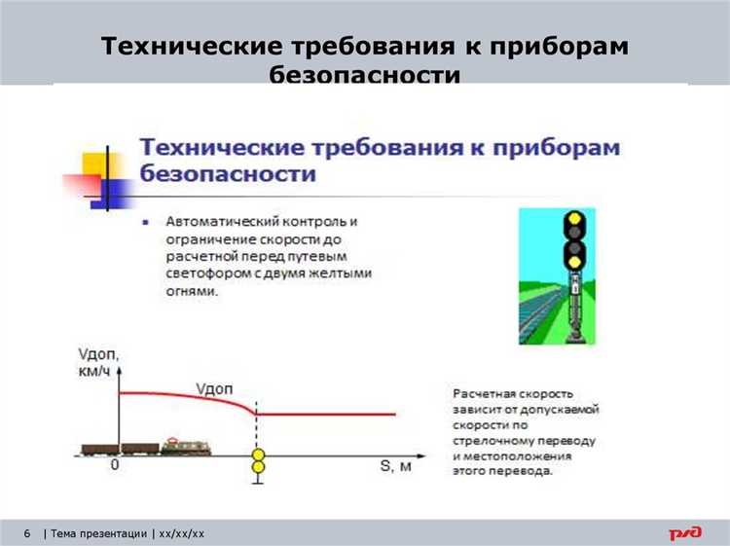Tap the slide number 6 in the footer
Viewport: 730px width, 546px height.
click(26, 533)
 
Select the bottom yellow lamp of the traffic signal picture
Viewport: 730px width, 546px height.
click(574, 260)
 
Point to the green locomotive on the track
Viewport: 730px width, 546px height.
click(186, 447)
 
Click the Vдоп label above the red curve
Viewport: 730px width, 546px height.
click(214, 388)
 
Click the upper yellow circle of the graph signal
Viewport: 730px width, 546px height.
click(258, 455)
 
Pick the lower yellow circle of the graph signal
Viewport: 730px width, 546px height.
click(258, 469)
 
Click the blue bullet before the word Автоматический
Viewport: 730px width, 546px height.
click(145, 222)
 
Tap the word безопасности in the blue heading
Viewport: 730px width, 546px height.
click(228, 174)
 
